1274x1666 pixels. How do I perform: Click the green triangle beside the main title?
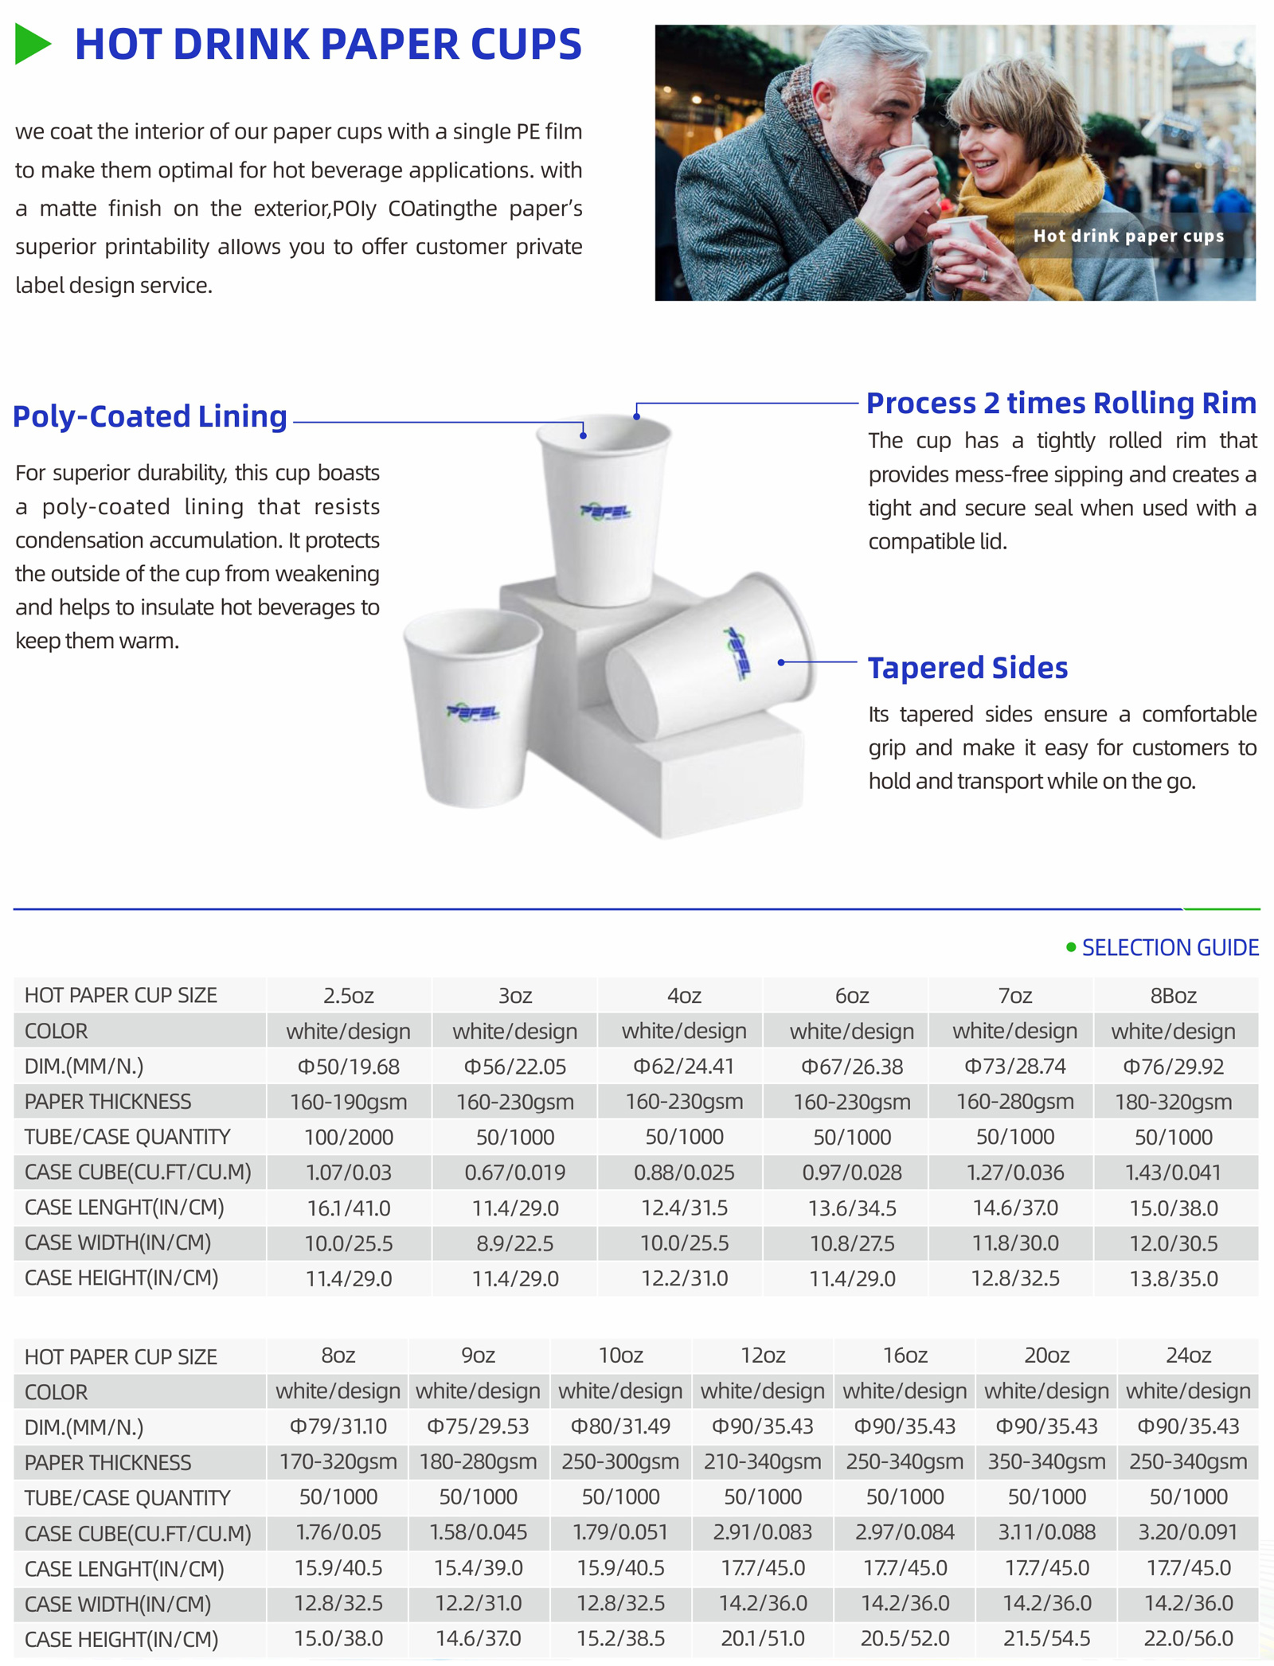tap(33, 44)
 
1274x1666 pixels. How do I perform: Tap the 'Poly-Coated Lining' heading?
tap(150, 416)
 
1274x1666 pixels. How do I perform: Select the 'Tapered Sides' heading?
tap(967, 668)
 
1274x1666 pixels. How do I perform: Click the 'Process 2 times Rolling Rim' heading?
tap(1061, 404)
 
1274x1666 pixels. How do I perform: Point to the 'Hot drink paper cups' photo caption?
tap(1128, 236)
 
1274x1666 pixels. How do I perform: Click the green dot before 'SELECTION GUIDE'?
tap(1071, 947)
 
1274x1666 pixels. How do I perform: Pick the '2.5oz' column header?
tap(348, 996)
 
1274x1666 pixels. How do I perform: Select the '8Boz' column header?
tap(1173, 996)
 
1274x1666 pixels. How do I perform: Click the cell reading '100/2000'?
tap(348, 1137)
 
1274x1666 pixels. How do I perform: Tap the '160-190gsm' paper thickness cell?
tap(348, 1102)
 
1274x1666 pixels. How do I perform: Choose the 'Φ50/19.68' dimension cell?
tap(348, 1067)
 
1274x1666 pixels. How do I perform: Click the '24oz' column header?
tap(1188, 1356)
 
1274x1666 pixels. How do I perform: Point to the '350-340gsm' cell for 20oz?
tap(1046, 1462)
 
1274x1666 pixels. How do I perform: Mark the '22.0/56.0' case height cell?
tap(1188, 1639)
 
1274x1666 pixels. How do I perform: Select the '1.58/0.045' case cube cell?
tap(478, 1532)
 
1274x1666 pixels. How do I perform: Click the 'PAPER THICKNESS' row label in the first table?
tap(107, 1102)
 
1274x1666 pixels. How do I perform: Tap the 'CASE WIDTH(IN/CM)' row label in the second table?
tap(118, 1604)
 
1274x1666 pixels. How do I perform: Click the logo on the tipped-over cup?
tap(737, 653)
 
